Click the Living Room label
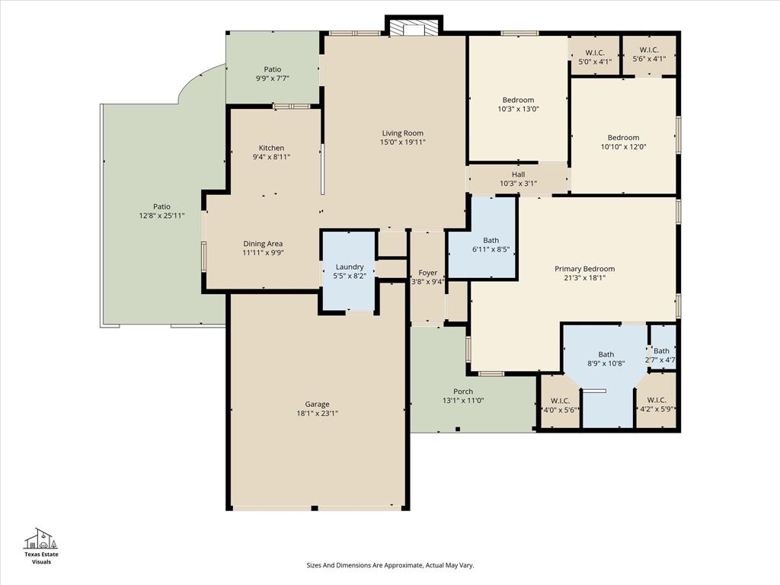click(402, 133)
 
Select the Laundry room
click(349, 271)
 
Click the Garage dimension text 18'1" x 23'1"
click(317, 414)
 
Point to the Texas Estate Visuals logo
click(41, 545)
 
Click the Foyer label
click(427, 273)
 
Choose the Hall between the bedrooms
click(518, 179)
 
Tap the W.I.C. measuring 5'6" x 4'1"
click(649, 55)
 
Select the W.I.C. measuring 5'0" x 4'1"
click(595, 57)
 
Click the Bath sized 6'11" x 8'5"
click(491, 245)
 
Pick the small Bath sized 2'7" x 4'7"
click(661, 355)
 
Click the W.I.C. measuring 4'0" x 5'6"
click(560, 405)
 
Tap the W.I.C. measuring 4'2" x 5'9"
click(656, 404)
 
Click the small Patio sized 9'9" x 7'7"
click(272, 74)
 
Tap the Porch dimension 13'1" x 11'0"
click(463, 401)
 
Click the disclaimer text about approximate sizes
click(390, 565)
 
